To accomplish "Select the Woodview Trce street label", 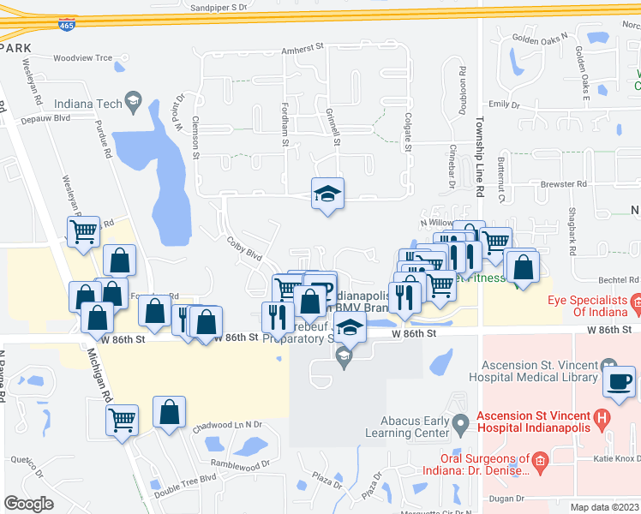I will tap(82, 58).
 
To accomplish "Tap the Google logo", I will tap(28, 504).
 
